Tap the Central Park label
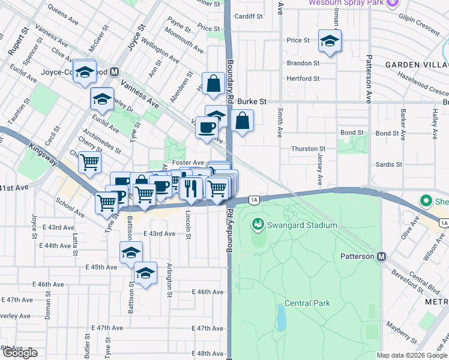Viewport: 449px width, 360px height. coord(307,303)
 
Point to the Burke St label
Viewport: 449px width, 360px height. coord(251,102)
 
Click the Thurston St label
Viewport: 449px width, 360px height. coord(308,148)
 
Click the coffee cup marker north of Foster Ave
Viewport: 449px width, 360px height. coord(207,128)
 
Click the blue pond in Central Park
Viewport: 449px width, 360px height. coord(280,317)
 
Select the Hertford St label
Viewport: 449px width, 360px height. coord(303,79)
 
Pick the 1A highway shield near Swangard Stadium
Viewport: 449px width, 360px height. coord(254,199)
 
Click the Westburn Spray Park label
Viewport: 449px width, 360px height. coord(345,3)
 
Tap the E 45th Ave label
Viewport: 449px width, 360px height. coord(101,266)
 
